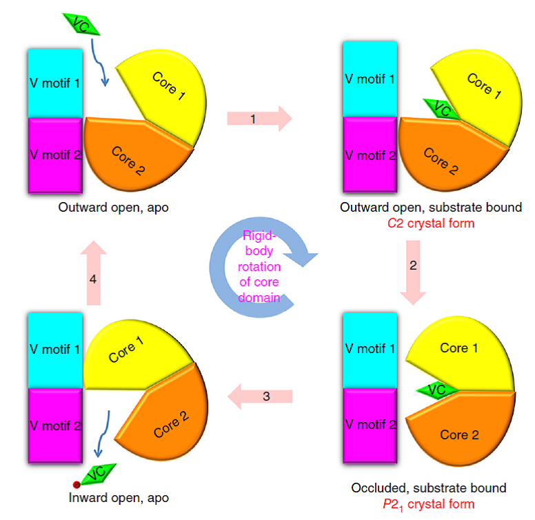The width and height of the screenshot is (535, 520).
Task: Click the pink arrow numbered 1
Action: point(259,119)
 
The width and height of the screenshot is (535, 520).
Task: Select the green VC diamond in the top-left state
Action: point(81,23)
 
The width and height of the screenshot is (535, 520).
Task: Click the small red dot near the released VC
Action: point(77,485)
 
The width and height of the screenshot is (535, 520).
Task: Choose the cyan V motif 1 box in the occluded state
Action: point(370,349)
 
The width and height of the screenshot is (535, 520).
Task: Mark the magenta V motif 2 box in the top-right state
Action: point(370,156)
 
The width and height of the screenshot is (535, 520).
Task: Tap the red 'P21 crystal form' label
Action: point(433,504)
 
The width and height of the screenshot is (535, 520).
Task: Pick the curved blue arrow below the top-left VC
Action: point(100,68)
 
